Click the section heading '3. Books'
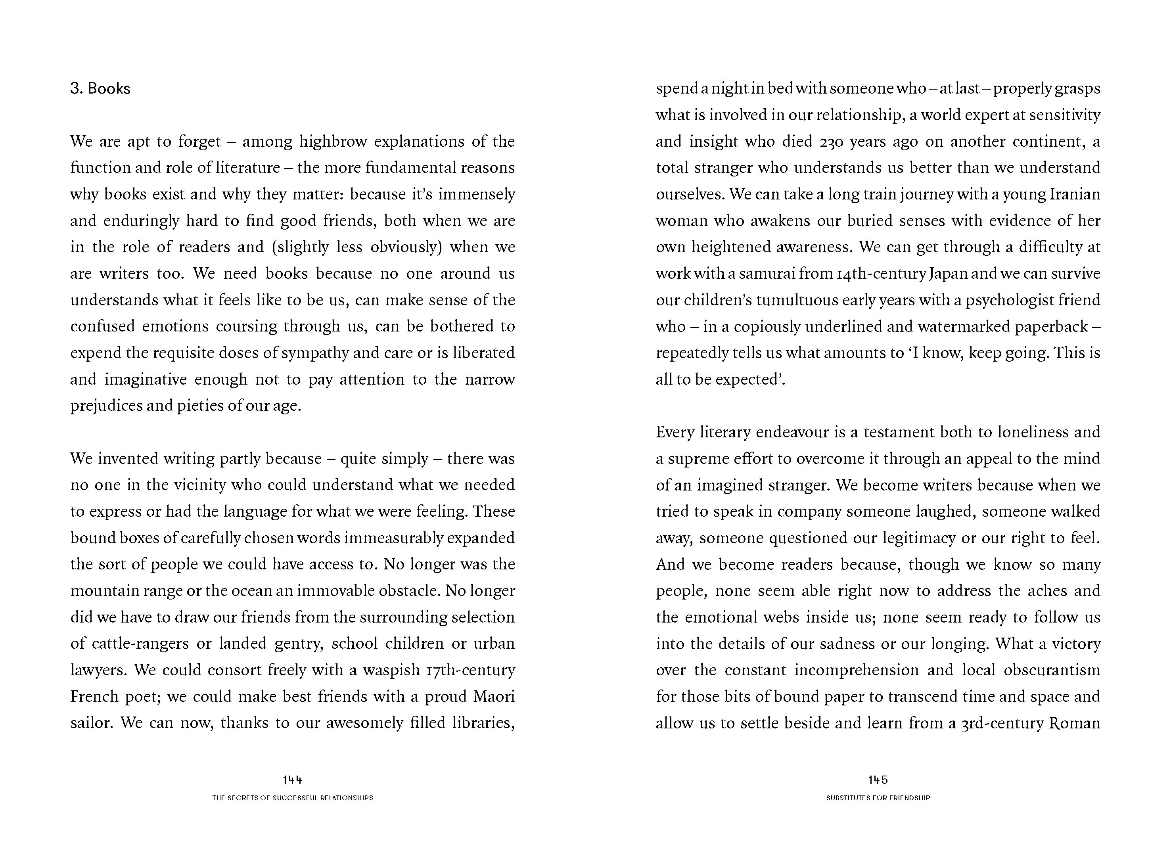pos(100,89)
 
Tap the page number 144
pos(292,780)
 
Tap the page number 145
pos(878,780)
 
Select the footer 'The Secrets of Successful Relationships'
pos(292,797)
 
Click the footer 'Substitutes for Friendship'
pos(878,797)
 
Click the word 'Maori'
pos(494,696)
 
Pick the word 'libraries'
pos(483,723)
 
